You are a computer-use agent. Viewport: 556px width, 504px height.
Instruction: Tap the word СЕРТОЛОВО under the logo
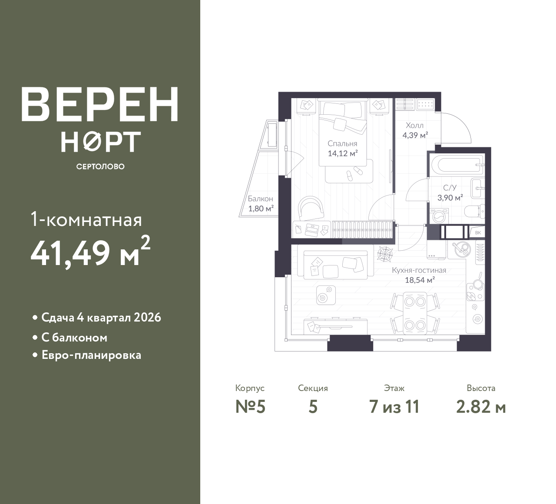100,166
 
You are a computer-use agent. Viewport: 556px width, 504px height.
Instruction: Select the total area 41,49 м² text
90,251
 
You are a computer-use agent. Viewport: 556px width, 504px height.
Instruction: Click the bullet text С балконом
74,338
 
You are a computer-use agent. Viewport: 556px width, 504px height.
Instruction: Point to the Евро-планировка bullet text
91,355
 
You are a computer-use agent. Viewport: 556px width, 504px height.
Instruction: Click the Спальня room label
342,144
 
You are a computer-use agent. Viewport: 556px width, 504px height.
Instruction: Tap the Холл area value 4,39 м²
415,135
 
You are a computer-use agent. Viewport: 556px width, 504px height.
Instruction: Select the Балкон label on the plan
260,199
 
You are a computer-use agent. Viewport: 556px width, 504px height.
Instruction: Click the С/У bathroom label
450,188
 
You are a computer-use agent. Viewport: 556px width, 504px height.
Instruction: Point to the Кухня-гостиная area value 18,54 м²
420,280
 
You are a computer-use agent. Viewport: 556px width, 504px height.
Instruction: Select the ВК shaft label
478,232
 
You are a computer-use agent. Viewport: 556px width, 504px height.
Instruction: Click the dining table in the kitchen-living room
415,313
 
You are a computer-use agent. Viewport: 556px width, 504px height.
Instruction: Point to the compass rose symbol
384,254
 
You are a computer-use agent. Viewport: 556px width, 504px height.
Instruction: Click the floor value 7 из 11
394,407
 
